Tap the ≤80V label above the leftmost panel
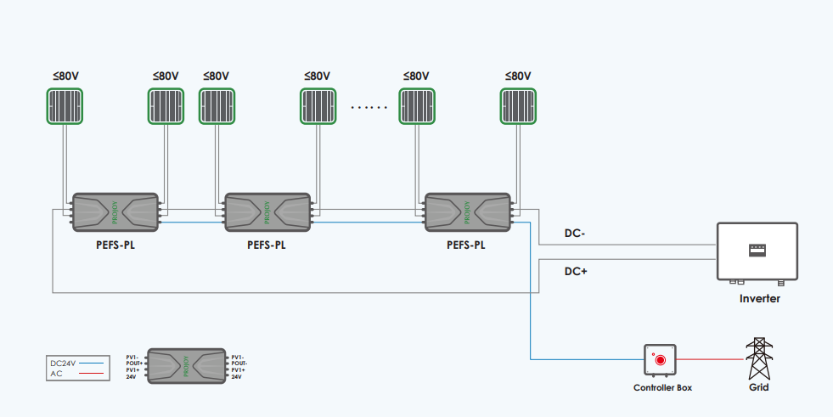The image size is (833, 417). (65, 76)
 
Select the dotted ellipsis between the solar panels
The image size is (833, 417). (369, 108)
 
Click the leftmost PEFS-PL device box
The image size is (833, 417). (115, 212)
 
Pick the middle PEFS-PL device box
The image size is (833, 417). (267, 212)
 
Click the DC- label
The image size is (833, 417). (576, 233)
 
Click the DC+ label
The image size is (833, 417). (576, 271)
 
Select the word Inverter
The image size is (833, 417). (759, 298)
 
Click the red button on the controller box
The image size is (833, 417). (660, 360)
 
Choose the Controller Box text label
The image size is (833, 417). (662, 387)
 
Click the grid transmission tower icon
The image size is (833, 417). (759, 358)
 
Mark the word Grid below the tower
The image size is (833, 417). (759, 387)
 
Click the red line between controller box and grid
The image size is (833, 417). (710, 359)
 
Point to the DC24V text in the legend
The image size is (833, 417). (64, 363)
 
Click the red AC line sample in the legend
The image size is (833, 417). (91, 373)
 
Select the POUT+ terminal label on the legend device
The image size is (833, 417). (132, 363)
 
